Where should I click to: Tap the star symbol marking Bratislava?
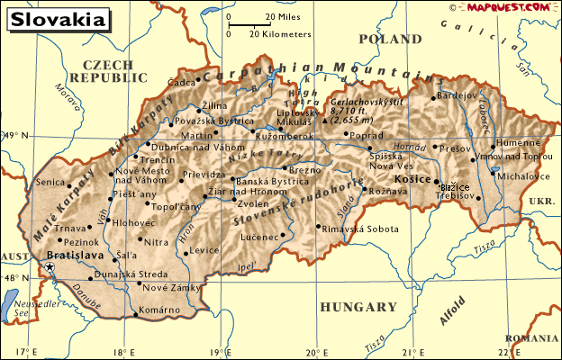click(50, 268)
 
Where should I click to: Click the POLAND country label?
click(389, 40)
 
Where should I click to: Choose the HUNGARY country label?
click(358, 307)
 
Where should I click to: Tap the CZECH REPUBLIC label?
click(113, 71)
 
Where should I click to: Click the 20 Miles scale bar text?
click(283, 17)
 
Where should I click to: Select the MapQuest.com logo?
click(509, 7)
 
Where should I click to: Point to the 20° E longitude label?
click(317, 351)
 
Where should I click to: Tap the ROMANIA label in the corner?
click(532, 337)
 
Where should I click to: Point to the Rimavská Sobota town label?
click(359, 229)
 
